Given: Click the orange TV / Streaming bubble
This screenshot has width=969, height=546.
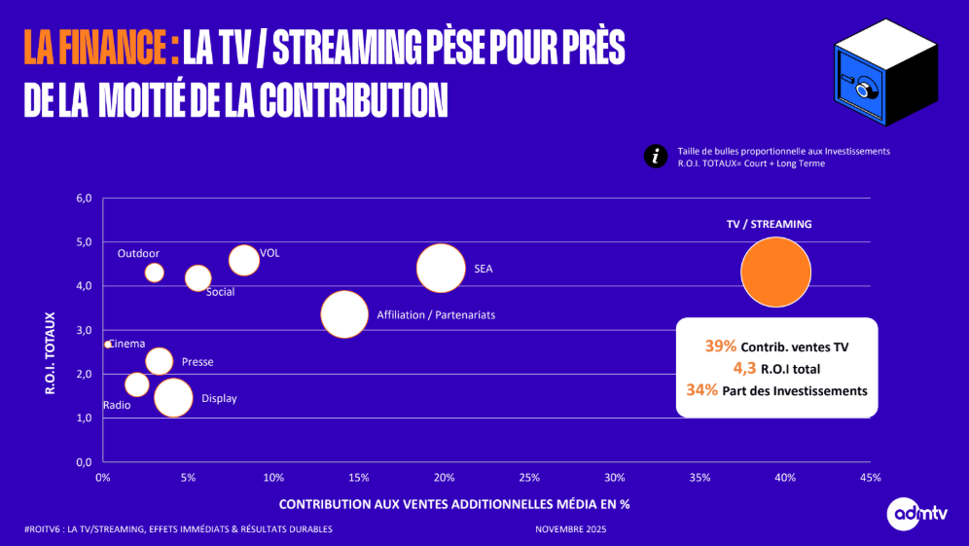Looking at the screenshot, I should coord(775,273).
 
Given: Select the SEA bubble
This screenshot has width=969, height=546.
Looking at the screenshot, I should coord(442,268).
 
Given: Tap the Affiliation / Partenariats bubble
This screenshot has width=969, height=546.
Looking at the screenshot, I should coord(344,314).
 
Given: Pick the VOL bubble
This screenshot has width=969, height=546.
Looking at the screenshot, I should coord(244,260).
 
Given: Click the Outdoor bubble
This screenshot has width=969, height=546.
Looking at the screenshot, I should coord(154,273).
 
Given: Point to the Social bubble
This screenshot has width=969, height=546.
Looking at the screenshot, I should coord(197,277).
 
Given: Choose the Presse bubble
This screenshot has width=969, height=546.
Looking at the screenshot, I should coord(159,361).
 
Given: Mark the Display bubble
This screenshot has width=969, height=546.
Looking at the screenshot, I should coord(173,397).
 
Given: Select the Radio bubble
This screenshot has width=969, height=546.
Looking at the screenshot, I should coord(137,384).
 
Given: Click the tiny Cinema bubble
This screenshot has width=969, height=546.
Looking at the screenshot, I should coord(107,344).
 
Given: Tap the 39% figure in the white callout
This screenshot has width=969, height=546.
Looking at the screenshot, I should coord(720,346).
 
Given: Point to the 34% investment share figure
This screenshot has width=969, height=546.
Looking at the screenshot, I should coord(702,390).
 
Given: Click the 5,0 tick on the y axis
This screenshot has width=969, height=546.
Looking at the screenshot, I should coord(83,242).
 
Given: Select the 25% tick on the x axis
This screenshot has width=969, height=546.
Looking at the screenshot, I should coord(530,478).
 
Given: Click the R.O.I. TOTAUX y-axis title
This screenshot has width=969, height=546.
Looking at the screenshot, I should coord(51,352).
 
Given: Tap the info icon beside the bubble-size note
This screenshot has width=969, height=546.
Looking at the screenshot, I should coord(657,157).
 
